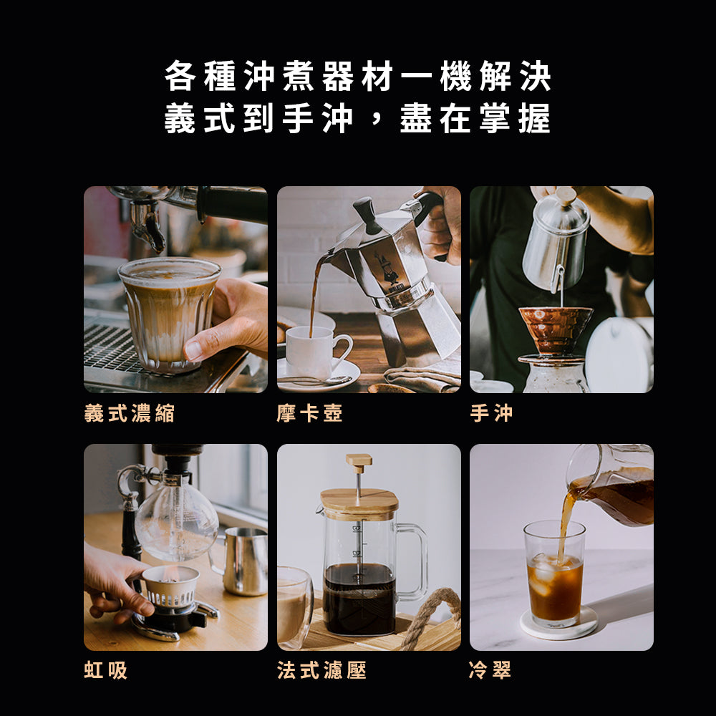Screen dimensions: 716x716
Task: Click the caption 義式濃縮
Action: click(129, 413)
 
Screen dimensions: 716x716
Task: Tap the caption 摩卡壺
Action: click(309, 413)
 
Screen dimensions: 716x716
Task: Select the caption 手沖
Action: click(491, 413)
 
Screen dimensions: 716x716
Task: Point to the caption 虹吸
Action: click(105, 670)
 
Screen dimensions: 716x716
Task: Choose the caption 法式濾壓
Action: click(321, 670)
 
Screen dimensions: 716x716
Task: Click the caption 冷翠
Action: click(490, 670)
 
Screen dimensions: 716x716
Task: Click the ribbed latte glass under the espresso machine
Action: click(169, 314)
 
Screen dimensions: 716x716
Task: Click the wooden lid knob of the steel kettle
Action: click(566, 195)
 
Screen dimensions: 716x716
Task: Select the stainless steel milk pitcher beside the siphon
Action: click(244, 561)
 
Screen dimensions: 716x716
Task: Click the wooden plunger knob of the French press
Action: click(359, 463)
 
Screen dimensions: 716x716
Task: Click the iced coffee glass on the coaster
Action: click(554, 574)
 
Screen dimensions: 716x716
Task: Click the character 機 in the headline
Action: click(455, 76)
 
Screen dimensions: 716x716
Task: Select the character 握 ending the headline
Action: click(534, 118)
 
